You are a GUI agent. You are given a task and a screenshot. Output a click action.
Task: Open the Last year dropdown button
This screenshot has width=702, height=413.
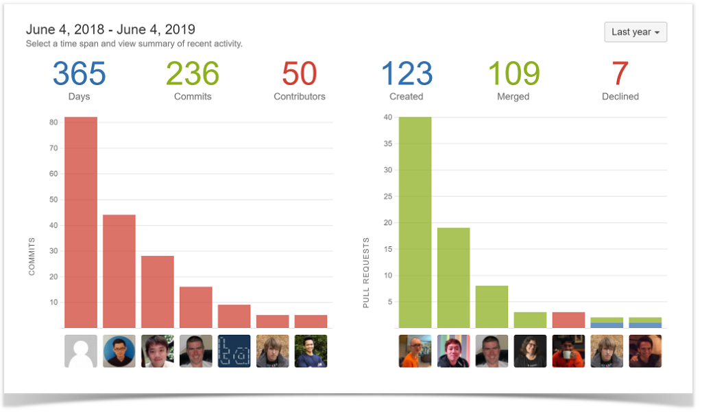click(x=636, y=32)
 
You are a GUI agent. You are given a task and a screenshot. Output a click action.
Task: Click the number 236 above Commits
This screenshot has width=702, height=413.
click(x=193, y=74)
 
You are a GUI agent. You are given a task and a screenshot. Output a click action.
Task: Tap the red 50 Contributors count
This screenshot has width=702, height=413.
click(x=299, y=74)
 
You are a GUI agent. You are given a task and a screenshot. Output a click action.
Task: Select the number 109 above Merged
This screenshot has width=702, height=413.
click(x=513, y=74)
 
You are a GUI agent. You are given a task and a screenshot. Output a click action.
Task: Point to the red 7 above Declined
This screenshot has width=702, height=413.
click(x=620, y=74)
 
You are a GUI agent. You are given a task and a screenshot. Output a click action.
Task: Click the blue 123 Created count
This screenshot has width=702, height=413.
click(x=407, y=74)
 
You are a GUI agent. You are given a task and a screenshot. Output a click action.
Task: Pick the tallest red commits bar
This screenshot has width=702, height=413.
click(x=81, y=222)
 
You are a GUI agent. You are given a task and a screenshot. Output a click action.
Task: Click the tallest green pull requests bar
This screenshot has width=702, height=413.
click(x=415, y=222)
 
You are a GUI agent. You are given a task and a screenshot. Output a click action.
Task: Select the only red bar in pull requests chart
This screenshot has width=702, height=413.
click(x=568, y=320)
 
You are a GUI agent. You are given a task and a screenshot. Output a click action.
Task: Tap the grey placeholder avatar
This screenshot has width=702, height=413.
click(x=81, y=351)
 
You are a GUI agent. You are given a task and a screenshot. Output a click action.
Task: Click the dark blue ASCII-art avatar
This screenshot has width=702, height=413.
click(x=234, y=351)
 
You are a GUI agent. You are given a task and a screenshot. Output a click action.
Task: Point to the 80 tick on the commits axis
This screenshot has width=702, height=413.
click(x=53, y=123)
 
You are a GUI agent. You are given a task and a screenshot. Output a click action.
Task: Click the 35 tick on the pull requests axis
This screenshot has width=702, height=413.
click(x=387, y=144)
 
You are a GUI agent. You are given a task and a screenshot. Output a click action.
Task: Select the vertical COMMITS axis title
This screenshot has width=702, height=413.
click(x=32, y=257)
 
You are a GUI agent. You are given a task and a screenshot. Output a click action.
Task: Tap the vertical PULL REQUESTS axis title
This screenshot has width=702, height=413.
click(x=366, y=272)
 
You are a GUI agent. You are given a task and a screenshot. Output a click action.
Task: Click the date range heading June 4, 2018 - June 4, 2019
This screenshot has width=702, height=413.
click(x=110, y=29)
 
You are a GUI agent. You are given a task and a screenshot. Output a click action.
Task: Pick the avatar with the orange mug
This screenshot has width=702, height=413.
click(x=568, y=351)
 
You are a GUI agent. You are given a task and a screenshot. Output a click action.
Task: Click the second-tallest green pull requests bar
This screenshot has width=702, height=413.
click(x=454, y=278)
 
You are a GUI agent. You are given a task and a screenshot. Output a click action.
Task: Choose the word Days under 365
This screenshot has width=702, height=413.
click(x=80, y=97)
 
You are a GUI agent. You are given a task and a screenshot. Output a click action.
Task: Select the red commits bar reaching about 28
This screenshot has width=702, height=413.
click(x=158, y=292)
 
